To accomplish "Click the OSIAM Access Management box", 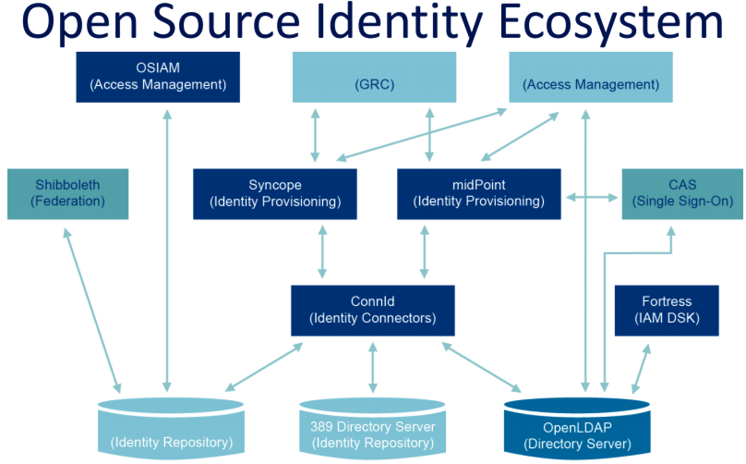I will tap(157, 77).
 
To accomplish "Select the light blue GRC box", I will tap(374, 77).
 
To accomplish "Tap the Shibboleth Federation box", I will tap(68, 194).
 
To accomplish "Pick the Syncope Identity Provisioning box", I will tap(275, 194).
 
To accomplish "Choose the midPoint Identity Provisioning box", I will tap(479, 194).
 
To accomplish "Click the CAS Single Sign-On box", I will tap(682, 194).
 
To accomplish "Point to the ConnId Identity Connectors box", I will tap(373, 310).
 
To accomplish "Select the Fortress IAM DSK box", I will tap(667, 310).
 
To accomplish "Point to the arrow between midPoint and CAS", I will tap(591, 198).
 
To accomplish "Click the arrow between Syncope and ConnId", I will tap(322, 252).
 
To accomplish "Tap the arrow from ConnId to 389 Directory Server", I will tap(373, 367).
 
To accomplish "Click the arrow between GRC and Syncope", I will tap(315, 135).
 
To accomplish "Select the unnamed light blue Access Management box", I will tap(590, 77).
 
